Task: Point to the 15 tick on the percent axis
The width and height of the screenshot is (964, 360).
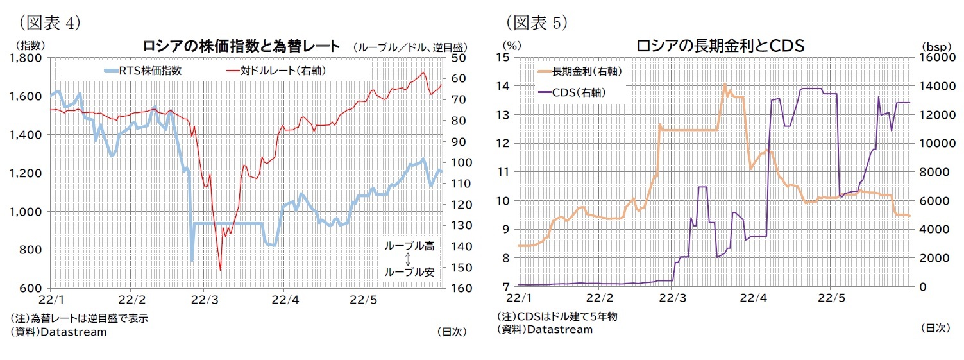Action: coord(502,58)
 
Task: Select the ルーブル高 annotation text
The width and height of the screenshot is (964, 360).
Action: coord(409,246)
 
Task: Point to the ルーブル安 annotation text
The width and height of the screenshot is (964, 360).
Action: coord(409,272)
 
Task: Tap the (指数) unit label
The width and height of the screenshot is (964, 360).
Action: coord(30,46)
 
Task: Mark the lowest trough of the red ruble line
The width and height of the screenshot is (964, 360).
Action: coord(220,270)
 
